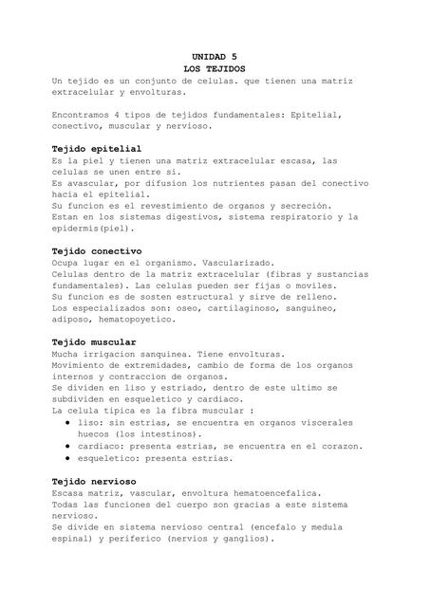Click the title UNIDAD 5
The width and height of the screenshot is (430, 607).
pos(215,58)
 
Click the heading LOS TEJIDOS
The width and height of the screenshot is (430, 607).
pos(215,69)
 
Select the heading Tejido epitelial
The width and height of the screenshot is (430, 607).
pos(97,149)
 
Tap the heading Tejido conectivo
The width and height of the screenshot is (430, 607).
pos(97,250)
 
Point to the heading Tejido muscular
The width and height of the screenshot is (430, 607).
pos(94,341)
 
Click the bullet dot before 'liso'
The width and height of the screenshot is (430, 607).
pos(69,422)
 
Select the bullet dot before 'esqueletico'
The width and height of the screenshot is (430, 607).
pos(69,457)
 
